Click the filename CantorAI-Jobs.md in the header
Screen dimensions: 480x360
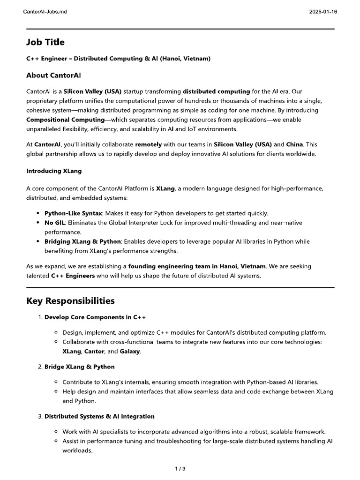click(x=45, y=11)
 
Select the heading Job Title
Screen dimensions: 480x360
click(x=45, y=42)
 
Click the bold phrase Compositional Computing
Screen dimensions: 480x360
click(x=65, y=120)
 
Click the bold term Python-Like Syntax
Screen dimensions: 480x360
click(x=73, y=213)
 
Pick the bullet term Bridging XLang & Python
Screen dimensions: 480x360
click(x=83, y=241)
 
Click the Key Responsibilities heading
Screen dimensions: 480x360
click(x=70, y=300)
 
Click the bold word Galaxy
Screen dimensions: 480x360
click(x=130, y=351)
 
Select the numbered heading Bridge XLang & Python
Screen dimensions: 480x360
click(x=80, y=367)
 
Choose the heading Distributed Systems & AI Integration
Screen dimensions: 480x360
click(x=99, y=416)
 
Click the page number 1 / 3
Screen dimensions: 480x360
click(x=180, y=468)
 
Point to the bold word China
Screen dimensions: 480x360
click(x=295, y=145)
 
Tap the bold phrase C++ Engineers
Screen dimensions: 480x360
click(x=73, y=276)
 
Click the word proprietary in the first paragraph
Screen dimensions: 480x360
click(x=43, y=101)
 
